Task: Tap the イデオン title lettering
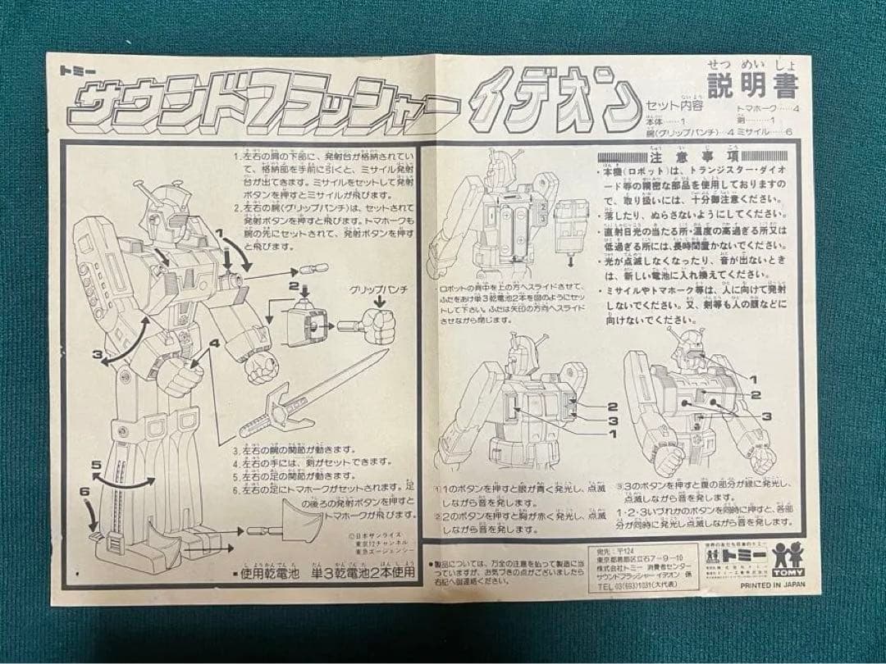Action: coord(559,106)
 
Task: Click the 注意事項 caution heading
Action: coord(694,156)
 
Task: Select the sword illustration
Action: coord(313,393)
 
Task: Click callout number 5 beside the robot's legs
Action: coord(96,465)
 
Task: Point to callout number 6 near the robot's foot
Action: coord(84,491)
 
